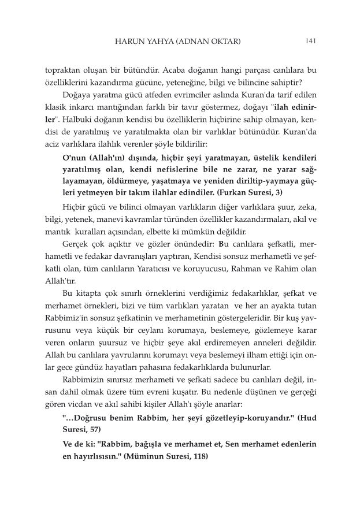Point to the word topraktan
(64, 70)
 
